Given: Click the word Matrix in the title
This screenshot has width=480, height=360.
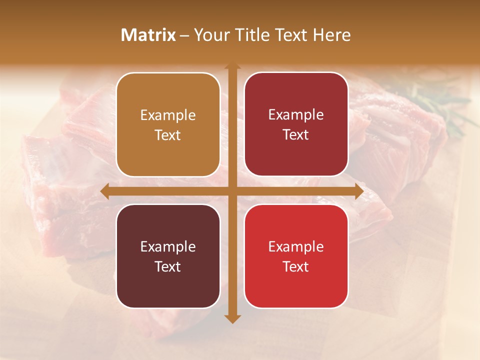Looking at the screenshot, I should click(148, 35).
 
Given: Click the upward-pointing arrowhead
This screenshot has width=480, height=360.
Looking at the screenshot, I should click(232, 66).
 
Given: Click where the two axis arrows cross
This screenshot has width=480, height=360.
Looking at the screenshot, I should click(232, 191).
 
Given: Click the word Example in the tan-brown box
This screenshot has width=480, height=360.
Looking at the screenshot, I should click(168, 115).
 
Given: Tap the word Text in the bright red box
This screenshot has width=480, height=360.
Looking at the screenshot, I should click(296, 266).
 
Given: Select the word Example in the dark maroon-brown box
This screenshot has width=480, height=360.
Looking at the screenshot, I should click(168, 246).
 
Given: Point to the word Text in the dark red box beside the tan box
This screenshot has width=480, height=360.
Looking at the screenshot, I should click(296, 134).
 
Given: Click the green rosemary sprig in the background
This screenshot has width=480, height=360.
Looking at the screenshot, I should click(440, 107).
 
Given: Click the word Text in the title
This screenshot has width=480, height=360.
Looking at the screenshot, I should click(291, 35).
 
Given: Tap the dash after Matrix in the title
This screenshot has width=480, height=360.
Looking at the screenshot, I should click(184, 35).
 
